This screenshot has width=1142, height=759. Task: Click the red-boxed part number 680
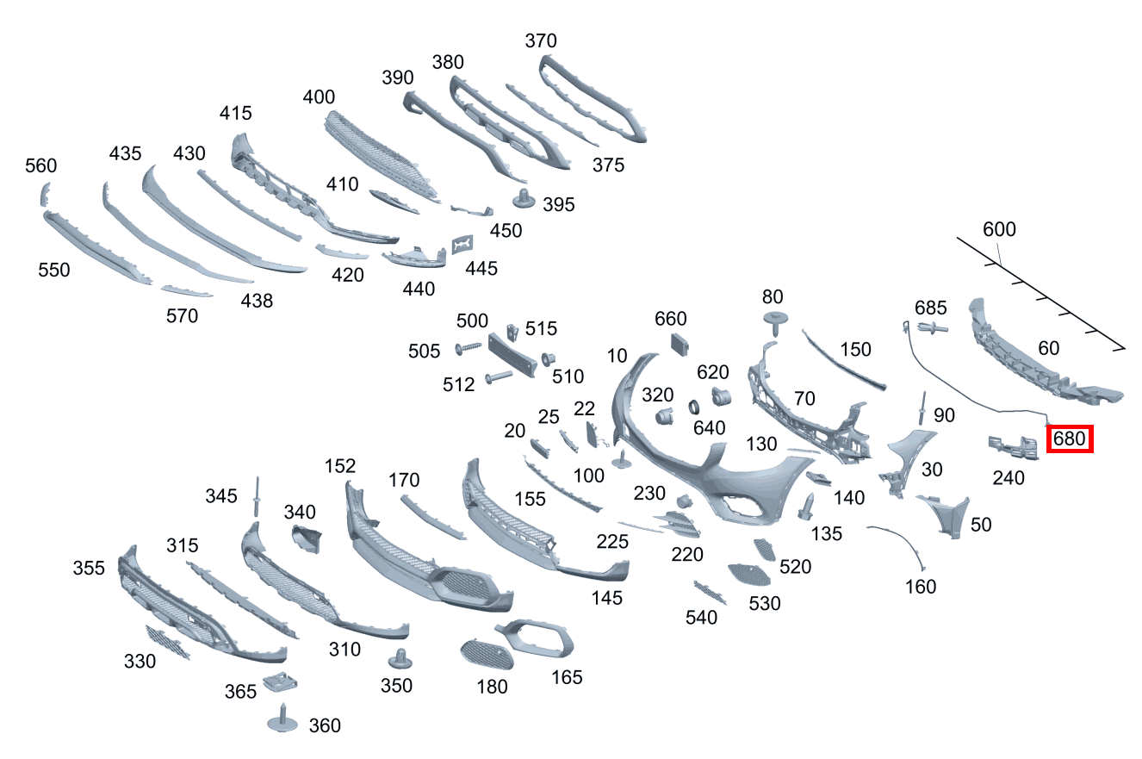pos(1069,439)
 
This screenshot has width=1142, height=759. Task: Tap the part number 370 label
pos(541,40)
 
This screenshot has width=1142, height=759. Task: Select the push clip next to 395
pos(524,198)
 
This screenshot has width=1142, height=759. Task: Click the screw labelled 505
pos(468,348)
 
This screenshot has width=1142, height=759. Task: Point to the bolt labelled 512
pos(499,377)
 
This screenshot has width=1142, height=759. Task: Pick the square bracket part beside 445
pos(462,245)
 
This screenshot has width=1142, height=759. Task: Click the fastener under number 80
pos(775,323)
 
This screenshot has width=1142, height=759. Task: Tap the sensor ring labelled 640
pos(694,407)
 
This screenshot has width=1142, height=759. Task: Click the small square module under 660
pos(680,344)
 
